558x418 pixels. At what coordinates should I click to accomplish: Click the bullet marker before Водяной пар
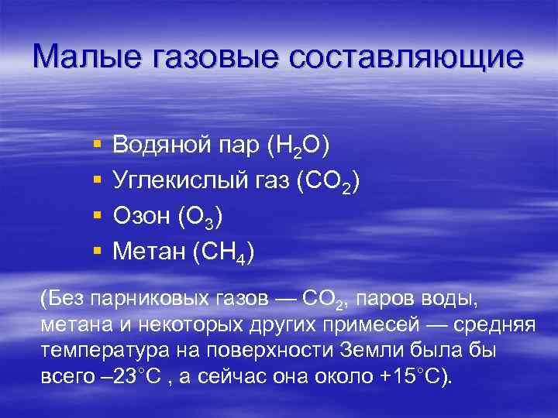point(95,145)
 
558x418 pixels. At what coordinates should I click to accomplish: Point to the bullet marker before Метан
point(95,252)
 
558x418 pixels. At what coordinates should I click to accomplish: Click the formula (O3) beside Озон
point(200,218)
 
